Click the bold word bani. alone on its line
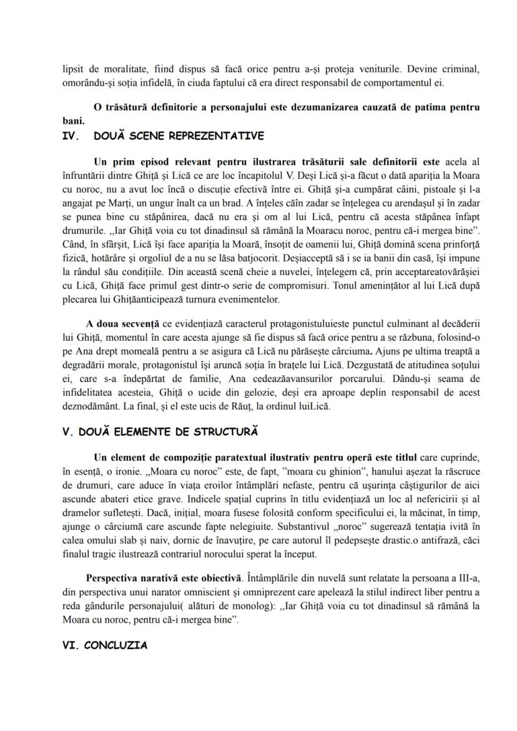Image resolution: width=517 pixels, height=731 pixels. [x=74, y=120]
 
